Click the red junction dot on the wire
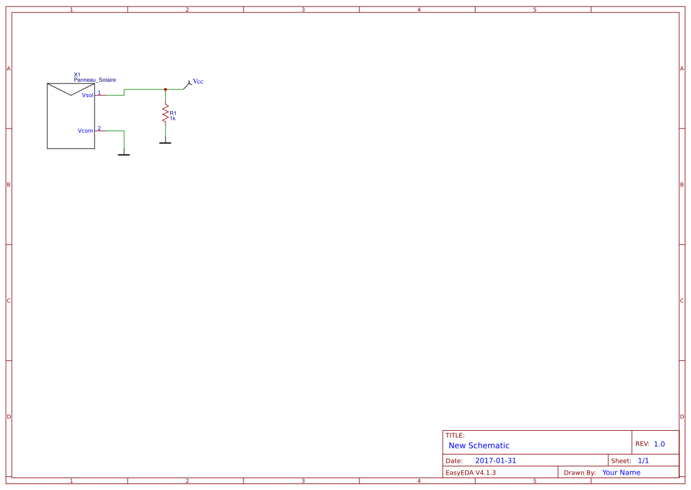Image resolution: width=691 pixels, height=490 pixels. [166, 89]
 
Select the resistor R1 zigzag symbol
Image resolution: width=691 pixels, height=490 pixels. [166, 114]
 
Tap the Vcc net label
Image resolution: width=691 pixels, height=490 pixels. [198, 82]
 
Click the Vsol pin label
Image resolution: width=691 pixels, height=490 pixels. [87, 95]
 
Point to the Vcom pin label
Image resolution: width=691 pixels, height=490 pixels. [86, 131]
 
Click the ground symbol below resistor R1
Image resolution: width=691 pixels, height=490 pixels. [166, 143]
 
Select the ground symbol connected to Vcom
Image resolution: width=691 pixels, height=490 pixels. [124, 154]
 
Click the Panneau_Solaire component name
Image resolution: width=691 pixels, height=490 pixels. [95, 80]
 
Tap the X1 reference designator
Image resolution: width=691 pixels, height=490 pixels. [77, 75]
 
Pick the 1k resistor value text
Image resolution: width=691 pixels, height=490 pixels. [173, 118]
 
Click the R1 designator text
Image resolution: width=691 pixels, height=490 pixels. [173, 113]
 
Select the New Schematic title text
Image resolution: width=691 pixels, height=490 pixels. [479, 446]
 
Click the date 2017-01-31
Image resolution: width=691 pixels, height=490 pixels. [495, 460]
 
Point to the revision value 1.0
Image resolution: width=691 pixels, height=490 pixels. [659, 444]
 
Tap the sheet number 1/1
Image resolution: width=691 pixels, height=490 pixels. [643, 460]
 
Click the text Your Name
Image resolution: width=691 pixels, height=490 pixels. [621, 472]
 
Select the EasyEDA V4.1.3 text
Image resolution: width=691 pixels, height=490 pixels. [471, 472]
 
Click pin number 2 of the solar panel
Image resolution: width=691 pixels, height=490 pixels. [99, 128]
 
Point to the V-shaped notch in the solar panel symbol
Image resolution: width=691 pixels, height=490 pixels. [70, 95]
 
